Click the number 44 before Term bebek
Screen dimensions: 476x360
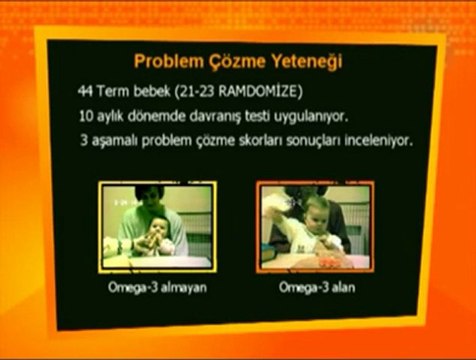[85, 91]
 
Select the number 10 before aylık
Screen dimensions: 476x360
[86, 116]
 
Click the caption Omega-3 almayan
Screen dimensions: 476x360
[157, 287]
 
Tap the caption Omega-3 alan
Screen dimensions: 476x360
[317, 287]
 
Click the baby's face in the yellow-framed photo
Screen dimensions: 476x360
[159, 228]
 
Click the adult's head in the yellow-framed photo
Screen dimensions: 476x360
[149, 199]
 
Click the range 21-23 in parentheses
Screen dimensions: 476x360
[197, 92]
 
